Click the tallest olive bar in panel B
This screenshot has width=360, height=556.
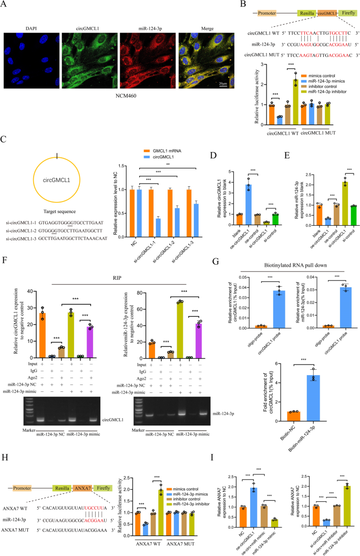(x=295, y=98)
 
